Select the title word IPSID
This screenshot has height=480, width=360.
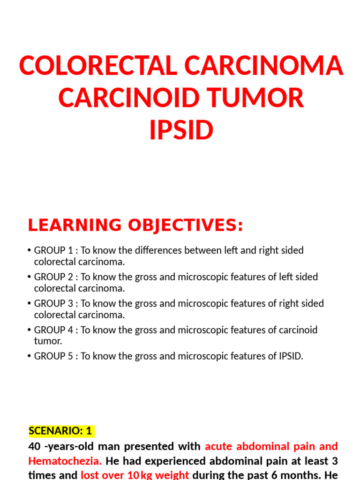tap(181, 130)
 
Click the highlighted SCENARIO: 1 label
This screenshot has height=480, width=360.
tap(61, 431)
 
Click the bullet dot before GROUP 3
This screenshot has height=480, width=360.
tap(30, 304)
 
